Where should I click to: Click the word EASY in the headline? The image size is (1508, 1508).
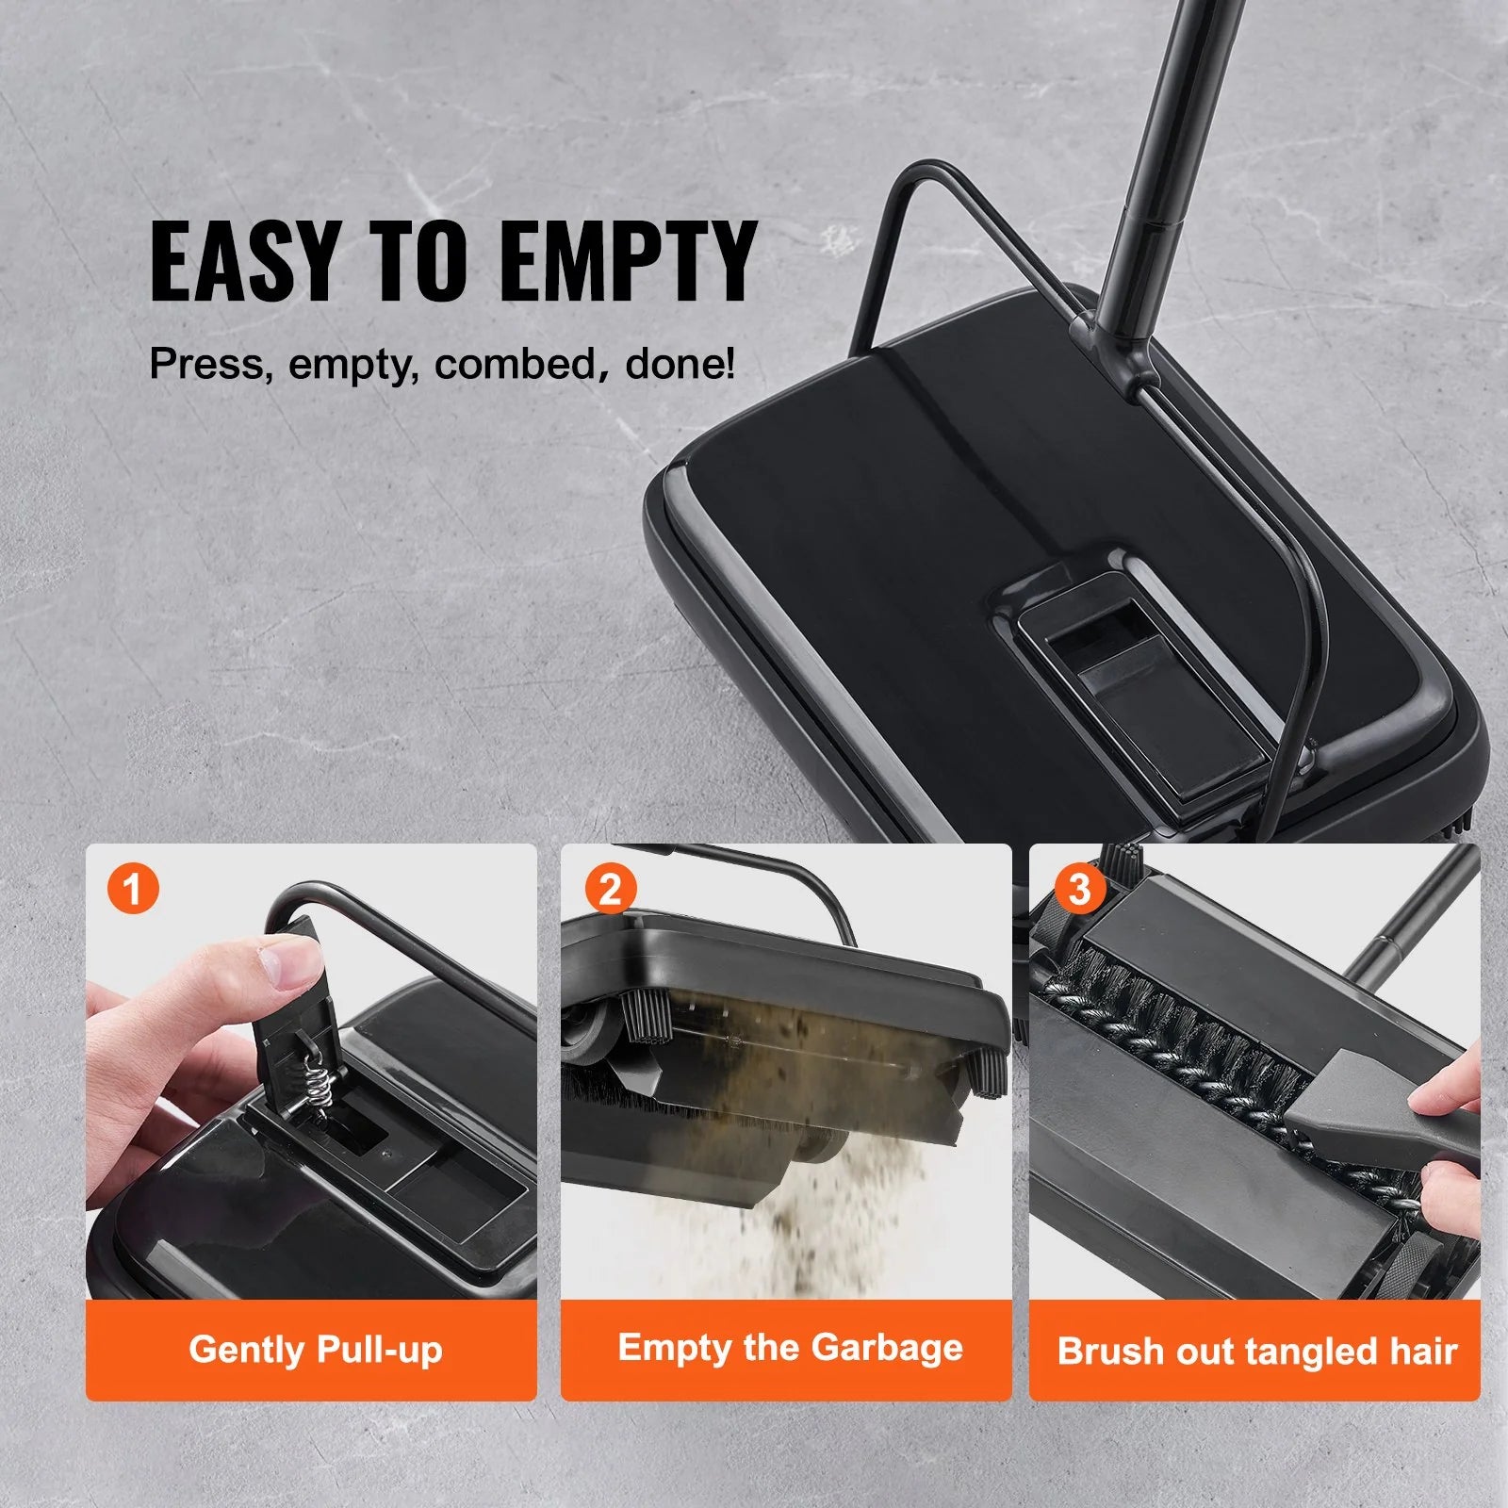[x=243, y=260]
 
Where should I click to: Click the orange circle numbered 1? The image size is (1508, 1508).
[x=133, y=888]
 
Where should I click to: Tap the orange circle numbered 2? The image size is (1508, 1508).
[x=610, y=888]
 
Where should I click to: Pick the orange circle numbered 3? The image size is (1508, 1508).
[x=1079, y=888]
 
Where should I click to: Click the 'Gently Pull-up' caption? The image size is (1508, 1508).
[x=315, y=1350]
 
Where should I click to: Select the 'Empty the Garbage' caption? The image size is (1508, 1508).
[x=790, y=1348]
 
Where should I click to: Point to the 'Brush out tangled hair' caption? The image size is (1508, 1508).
[x=1257, y=1352]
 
